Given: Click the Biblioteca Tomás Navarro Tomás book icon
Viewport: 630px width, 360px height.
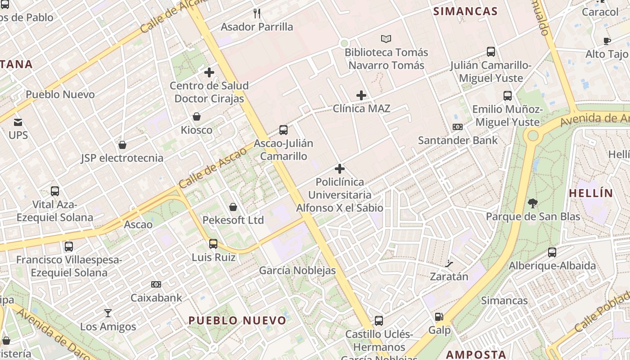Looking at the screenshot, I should pos(386,39).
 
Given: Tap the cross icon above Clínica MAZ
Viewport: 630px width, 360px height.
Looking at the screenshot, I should pos(361,95).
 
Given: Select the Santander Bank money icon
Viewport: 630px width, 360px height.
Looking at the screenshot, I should pos(458,127).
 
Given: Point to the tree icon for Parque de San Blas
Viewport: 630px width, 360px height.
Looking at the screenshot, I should pos(533,203).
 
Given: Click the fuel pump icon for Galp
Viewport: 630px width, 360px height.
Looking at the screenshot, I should pos(439,317).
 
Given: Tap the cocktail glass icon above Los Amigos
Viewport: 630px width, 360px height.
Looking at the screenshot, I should pos(108,313).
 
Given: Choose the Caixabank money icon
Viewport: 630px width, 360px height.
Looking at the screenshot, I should pos(156,284).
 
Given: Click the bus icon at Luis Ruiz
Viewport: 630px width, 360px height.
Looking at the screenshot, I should pos(213,244).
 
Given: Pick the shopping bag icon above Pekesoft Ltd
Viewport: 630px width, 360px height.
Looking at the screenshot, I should pos(233,207).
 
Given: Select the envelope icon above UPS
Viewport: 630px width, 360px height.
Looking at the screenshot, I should pos(18,122).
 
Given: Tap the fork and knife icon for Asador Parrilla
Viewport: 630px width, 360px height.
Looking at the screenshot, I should pos(257,13).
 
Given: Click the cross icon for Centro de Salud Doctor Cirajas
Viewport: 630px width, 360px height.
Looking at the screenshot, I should pos(209,72).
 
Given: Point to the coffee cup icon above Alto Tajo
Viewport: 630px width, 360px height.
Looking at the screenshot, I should pos(607,41).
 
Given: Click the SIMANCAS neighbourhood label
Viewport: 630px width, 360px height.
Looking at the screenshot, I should pos(465,11).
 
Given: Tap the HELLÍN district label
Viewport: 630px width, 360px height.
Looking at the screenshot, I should pos(591,193).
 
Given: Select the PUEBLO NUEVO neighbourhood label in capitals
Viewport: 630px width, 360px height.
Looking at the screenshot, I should pos(237,320).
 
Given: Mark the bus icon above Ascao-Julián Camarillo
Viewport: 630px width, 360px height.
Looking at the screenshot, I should pos(283,130).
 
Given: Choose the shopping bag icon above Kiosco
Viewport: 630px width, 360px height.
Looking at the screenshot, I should pos(197,117).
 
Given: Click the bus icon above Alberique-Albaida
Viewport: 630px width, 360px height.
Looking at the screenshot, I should pos(552,252).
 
